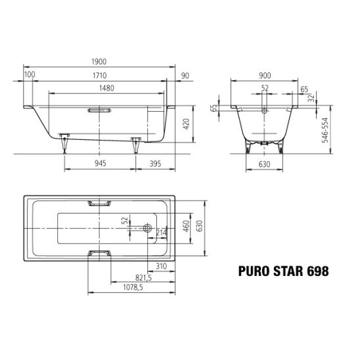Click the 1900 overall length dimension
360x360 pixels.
click(99, 62)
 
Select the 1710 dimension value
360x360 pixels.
click(100, 76)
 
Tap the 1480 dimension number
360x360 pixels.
click(107, 88)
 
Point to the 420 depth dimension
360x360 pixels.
click(186, 124)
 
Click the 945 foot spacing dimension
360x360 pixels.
click(101, 163)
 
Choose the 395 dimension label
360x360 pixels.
click(156, 164)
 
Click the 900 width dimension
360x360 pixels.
click(265, 76)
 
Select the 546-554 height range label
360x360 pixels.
click(325, 130)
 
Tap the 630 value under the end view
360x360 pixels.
click(265, 164)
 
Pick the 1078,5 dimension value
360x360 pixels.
click(133, 287)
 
